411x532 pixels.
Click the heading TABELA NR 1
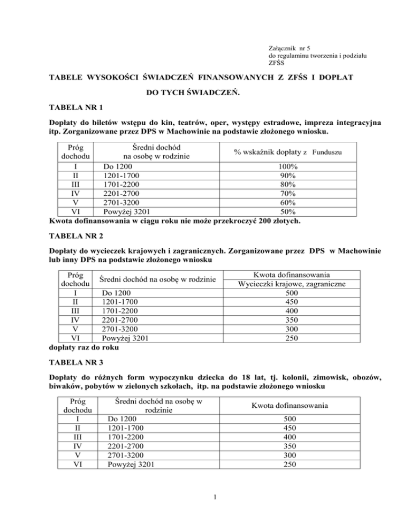pyautogui.click(x=72, y=107)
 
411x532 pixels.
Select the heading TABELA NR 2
pyautogui.click(x=72, y=235)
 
